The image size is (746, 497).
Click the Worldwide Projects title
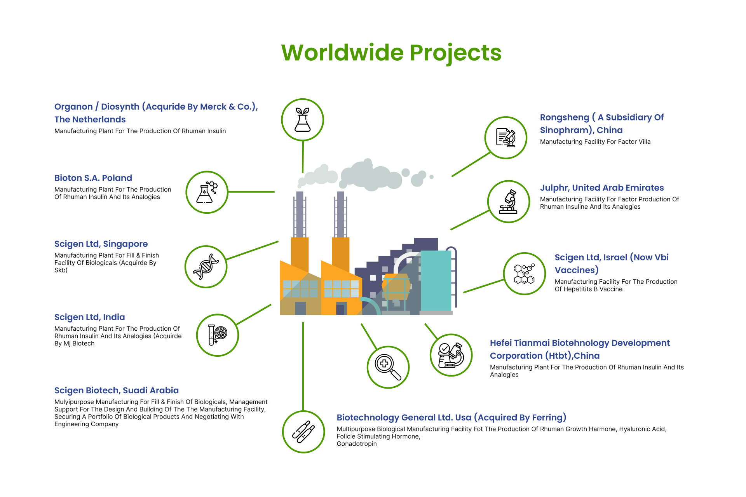pyautogui.click(x=391, y=53)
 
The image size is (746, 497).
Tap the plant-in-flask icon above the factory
pyautogui.click(x=303, y=120)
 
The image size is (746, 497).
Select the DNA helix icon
pyautogui.click(x=206, y=267)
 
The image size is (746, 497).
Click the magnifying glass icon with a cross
pyautogui.click(x=388, y=367)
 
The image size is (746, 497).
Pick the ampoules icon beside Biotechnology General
pyautogui.click(x=303, y=432)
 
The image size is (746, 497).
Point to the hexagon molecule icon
pyautogui.click(x=525, y=274)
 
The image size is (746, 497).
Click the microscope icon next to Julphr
pyautogui.click(x=509, y=201)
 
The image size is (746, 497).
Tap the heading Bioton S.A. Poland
pyautogui.click(x=93, y=178)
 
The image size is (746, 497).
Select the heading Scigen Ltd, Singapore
pyautogui.click(x=101, y=244)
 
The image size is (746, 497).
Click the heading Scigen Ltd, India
pyautogui.click(x=90, y=317)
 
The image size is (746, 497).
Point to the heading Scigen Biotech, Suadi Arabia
pyautogui.click(x=117, y=391)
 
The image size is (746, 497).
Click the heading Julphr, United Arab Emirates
pyautogui.click(x=602, y=188)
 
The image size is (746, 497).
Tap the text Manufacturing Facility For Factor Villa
pyautogui.click(x=595, y=142)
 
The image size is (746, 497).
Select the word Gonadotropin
pyautogui.click(x=357, y=444)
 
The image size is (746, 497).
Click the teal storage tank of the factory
pyautogui.click(x=436, y=281)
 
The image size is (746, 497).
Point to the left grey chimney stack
pyautogui.click(x=300, y=214)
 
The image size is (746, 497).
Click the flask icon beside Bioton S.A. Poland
pyautogui.click(x=207, y=192)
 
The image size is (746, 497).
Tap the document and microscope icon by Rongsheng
pyautogui.click(x=506, y=138)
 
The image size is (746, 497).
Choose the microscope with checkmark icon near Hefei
pyautogui.click(x=451, y=355)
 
